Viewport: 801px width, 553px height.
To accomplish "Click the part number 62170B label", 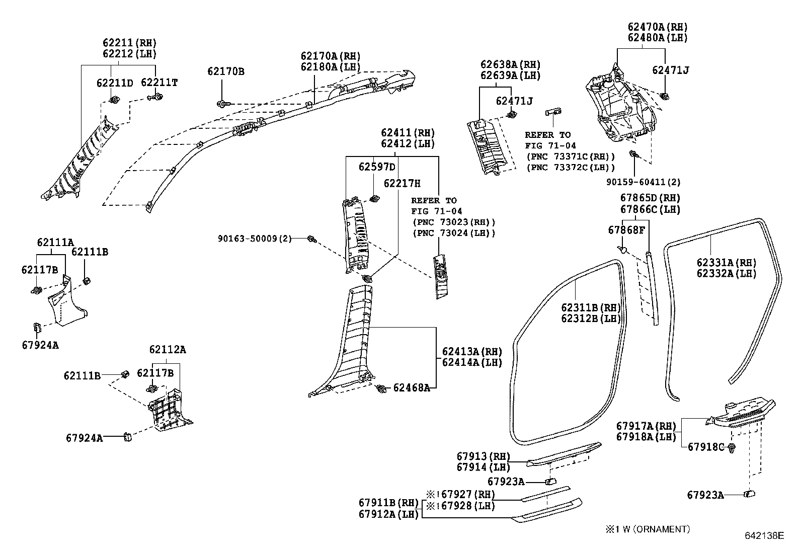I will click(x=225, y=72).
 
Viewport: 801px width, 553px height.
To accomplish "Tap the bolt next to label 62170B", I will click(x=222, y=104).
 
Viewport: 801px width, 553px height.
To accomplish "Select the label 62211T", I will click(x=159, y=83).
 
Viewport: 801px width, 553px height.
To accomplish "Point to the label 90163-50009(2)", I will click(x=255, y=238).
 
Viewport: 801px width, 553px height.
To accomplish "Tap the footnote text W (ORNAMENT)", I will click(x=652, y=529).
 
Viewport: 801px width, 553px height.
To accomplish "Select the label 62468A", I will click(x=411, y=387).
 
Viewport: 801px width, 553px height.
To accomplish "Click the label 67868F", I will click(x=626, y=230).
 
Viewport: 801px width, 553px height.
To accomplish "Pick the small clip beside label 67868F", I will click(x=623, y=249).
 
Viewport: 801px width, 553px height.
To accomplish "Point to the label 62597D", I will click(x=377, y=167).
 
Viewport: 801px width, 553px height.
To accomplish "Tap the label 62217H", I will click(x=402, y=184).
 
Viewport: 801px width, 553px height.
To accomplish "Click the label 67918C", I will click(x=705, y=447).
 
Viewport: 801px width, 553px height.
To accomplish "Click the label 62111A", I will click(x=55, y=242).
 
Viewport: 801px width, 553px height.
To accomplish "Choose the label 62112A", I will click(x=168, y=349).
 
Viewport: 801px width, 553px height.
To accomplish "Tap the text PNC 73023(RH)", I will click(x=453, y=222).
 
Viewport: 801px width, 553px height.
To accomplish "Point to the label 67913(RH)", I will click(x=483, y=456).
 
